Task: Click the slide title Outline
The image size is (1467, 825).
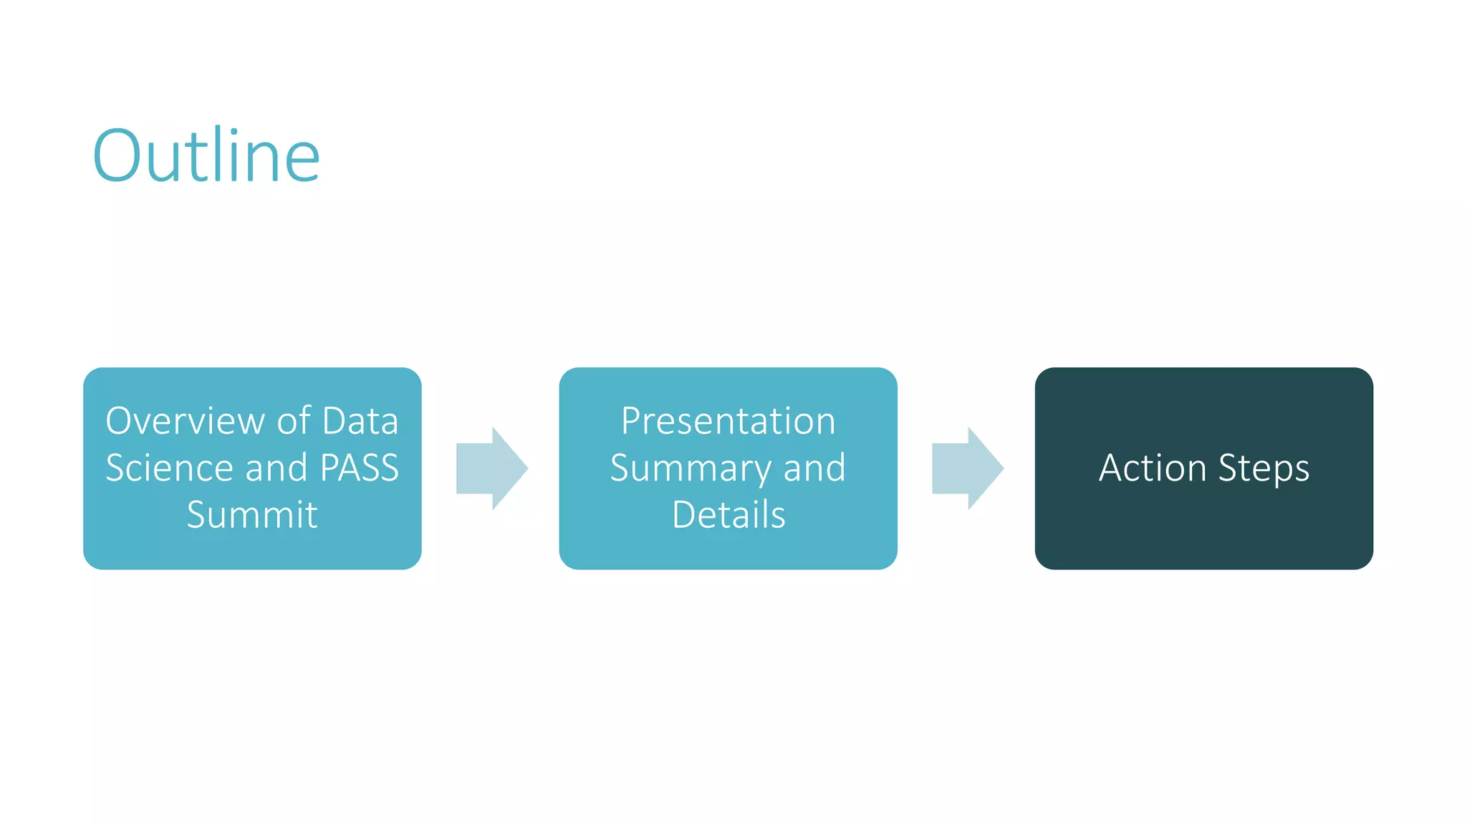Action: pos(206,155)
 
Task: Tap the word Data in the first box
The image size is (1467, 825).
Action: pos(360,420)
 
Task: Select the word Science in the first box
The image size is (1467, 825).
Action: pos(169,468)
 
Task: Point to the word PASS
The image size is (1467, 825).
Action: pos(359,468)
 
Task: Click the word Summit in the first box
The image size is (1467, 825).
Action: pos(252,515)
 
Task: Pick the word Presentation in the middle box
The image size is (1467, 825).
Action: pos(728,420)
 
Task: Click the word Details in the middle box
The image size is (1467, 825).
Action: pos(728,515)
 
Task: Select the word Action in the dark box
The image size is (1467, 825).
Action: pos(1153,468)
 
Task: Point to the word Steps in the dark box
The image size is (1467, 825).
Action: pos(1264,469)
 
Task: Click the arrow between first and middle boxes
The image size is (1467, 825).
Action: pos(492,468)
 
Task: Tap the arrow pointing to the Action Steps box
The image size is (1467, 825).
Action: pos(967,468)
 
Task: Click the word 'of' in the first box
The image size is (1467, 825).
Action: pos(294,420)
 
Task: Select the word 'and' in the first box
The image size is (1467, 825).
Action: pos(276,468)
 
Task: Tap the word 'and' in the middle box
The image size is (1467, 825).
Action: pos(814,468)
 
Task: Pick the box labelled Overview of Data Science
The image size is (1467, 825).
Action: pos(252,551)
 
